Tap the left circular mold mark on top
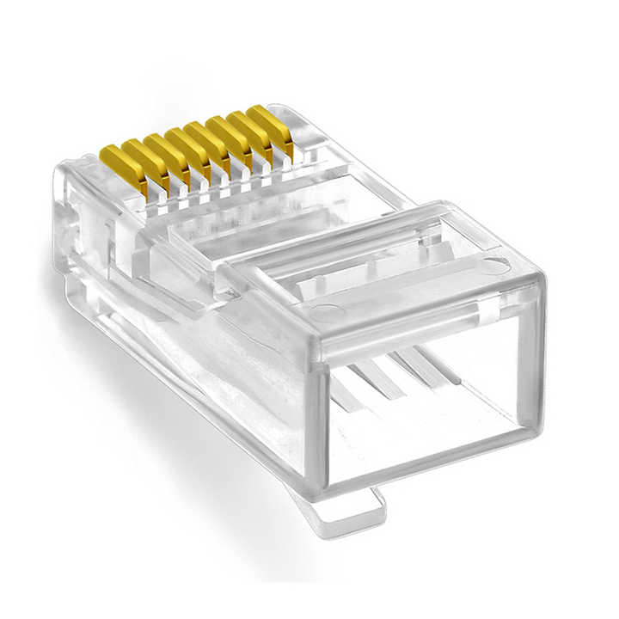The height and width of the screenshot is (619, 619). click(324, 312)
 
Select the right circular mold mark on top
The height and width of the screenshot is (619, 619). click(493, 265)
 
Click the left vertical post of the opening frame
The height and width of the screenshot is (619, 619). click(316, 421)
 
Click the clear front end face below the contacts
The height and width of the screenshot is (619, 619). click(86, 232)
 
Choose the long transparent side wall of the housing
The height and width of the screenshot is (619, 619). click(198, 361)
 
